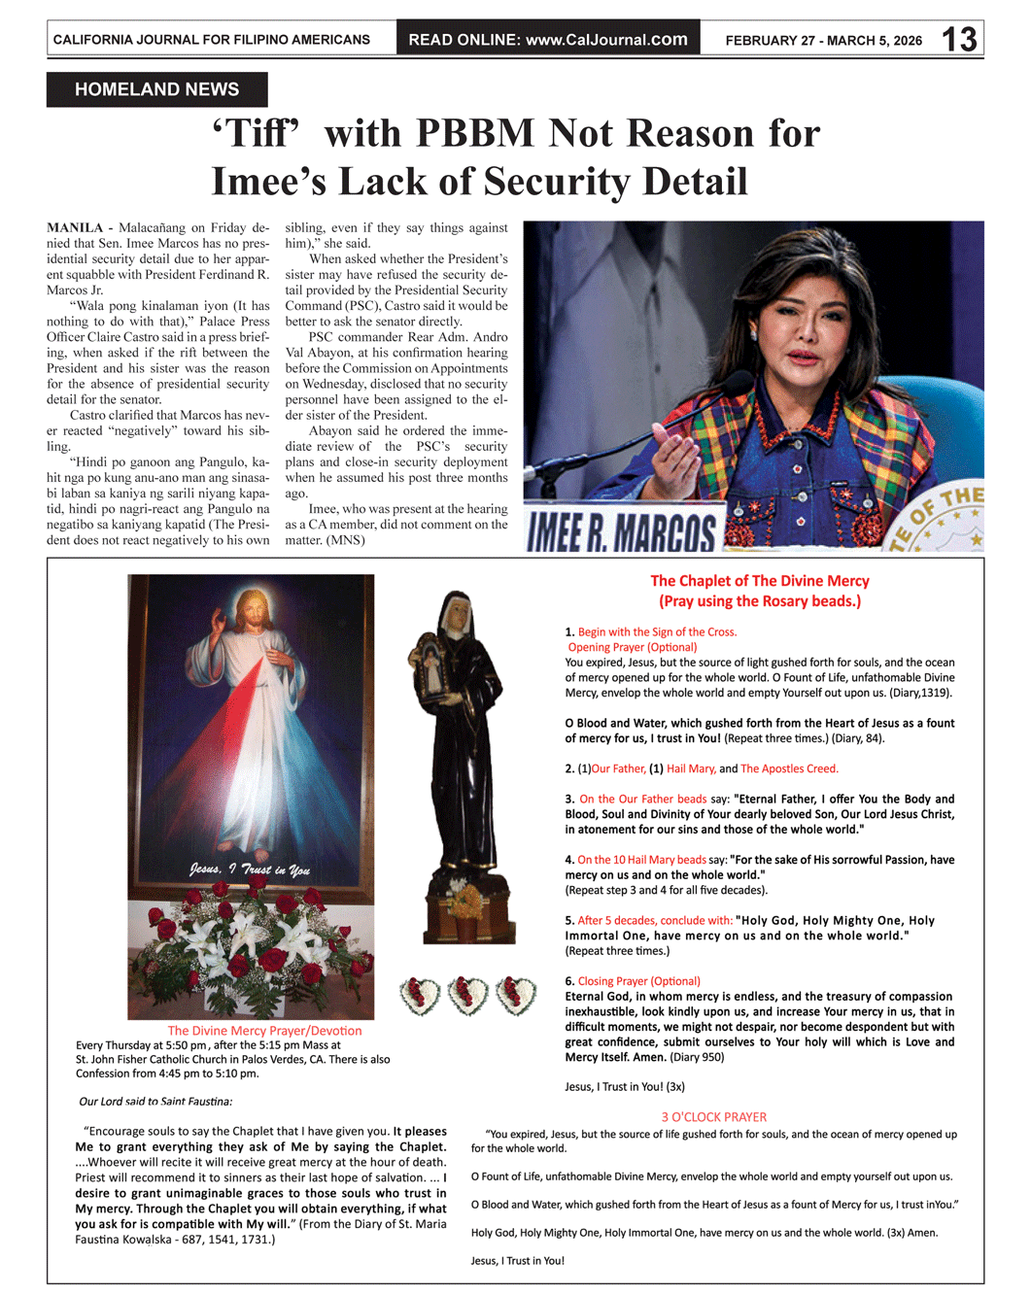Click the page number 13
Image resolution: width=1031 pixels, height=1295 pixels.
point(958,39)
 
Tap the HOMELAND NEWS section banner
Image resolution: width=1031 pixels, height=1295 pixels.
point(156,89)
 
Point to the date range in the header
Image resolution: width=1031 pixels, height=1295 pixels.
point(823,41)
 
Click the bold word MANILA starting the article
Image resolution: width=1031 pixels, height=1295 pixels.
point(75,228)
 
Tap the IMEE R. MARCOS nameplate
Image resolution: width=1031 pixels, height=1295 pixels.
point(622,531)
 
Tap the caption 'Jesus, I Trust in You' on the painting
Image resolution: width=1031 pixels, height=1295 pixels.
point(250,869)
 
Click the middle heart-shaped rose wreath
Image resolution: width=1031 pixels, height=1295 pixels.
point(467,995)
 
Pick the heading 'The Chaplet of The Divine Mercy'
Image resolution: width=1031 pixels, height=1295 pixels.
point(760,581)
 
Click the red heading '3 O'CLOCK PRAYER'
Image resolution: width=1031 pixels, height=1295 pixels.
point(714,1117)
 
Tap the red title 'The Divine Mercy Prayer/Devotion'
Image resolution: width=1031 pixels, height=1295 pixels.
point(264,1031)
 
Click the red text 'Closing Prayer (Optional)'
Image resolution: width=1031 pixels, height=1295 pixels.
point(638,981)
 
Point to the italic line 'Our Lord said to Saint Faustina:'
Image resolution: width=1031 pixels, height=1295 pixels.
point(155,1102)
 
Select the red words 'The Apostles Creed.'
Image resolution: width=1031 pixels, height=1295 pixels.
point(789,768)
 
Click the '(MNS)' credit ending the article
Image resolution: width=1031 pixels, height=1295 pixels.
point(346,540)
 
